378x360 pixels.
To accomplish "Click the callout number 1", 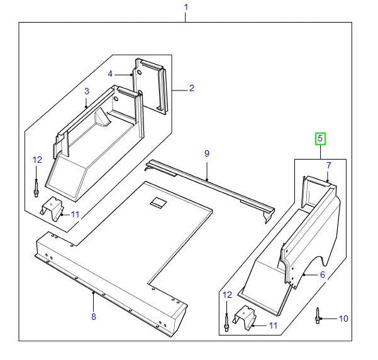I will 186,8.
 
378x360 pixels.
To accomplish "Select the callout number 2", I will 192,89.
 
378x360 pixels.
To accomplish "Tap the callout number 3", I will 87,92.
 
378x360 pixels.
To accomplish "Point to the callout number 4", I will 110,74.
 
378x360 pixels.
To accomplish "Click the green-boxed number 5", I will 320,138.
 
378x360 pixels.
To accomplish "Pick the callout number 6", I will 323,275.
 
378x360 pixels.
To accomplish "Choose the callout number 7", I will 328,165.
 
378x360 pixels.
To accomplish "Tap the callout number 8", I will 93,316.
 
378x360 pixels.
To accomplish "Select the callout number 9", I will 206,153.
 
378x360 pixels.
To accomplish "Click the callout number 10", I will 343,319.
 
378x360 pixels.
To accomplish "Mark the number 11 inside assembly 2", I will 75,214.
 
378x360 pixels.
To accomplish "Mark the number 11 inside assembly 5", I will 272,325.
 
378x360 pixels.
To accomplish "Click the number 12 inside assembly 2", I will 36,160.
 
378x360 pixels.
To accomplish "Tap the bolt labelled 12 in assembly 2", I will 36,186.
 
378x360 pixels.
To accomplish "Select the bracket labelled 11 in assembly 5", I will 244,319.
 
